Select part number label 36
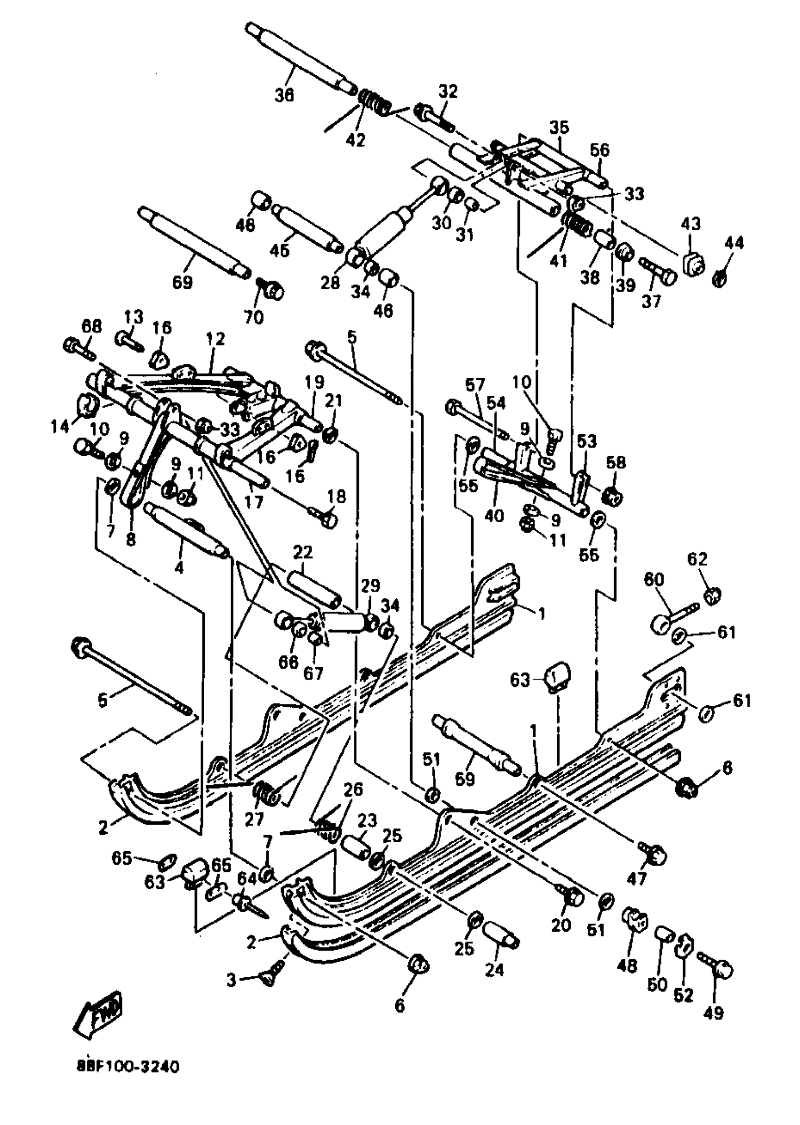coord(284,95)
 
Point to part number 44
coord(734,243)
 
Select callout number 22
coord(303,552)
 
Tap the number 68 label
coord(92,326)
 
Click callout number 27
coord(255,819)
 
